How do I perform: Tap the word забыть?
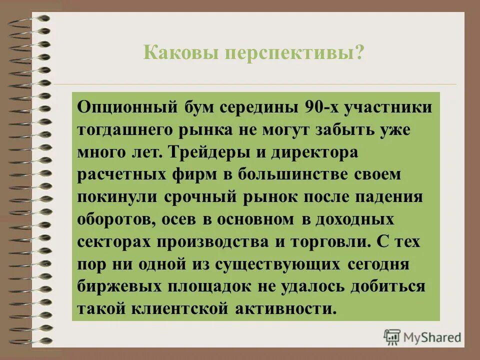pyautogui.click(x=337, y=130)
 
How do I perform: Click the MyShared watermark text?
pyautogui.click(x=433, y=337)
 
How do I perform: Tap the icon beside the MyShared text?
pyautogui.click(x=392, y=337)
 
